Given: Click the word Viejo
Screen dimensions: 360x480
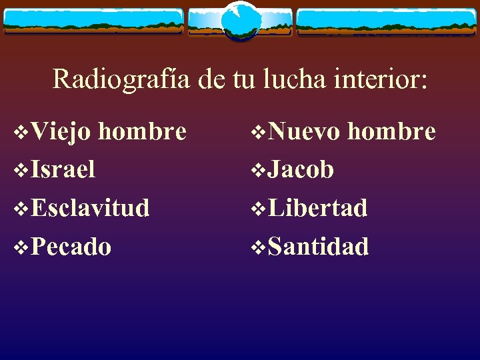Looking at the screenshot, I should tap(61, 131).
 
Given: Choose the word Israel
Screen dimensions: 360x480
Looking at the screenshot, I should tap(63, 169).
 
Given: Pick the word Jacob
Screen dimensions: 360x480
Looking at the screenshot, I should tap(301, 169).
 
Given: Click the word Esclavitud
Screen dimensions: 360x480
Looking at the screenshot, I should tap(89, 208).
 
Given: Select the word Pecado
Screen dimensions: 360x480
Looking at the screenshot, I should tap(71, 247).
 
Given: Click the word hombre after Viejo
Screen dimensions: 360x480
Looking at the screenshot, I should tap(142, 131).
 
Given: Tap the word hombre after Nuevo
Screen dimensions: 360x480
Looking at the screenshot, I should tap(392, 131).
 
